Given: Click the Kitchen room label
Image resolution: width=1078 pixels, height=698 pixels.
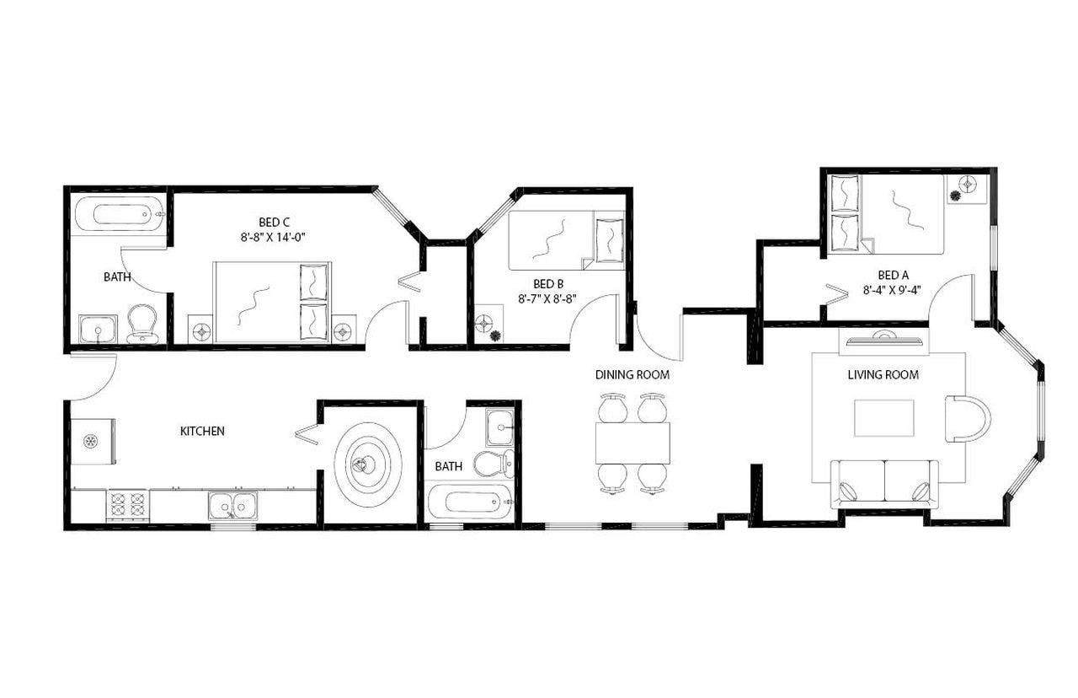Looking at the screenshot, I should click(x=202, y=431).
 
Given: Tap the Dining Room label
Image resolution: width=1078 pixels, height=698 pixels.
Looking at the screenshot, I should click(x=632, y=374).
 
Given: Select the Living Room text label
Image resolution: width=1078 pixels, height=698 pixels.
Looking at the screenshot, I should click(x=883, y=374).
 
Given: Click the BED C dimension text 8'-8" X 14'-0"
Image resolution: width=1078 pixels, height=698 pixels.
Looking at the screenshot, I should click(x=271, y=238).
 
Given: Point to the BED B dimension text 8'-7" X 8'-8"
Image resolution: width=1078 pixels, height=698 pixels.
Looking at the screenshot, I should click(x=547, y=298).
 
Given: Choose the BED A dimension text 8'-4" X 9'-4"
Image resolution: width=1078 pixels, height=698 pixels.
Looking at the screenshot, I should click(x=893, y=290).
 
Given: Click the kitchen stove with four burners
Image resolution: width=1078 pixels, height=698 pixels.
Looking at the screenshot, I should click(x=127, y=506).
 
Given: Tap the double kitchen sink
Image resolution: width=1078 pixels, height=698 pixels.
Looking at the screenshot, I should click(x=233, y=506).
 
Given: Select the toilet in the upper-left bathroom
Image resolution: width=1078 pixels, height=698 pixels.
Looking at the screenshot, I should click(x=142, y=324).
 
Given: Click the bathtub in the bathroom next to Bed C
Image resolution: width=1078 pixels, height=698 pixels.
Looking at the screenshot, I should click(x=119, y=214).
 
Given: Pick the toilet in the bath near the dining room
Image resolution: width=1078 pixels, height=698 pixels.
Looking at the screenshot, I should click(x=494, y=463).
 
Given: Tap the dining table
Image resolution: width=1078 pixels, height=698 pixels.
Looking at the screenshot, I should click(x=632, y=443).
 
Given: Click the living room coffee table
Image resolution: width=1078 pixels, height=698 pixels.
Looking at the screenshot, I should click(x=883, y=418).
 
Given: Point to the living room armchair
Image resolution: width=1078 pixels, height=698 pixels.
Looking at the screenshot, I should click(x=966, y=418).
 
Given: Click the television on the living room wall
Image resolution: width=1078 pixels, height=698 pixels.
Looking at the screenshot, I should click(x=883, y=340).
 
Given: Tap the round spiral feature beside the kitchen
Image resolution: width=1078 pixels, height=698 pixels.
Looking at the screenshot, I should click(x=367, y=463).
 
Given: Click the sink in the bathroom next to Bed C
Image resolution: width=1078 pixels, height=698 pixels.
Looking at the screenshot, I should click(x=98, y=328).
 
